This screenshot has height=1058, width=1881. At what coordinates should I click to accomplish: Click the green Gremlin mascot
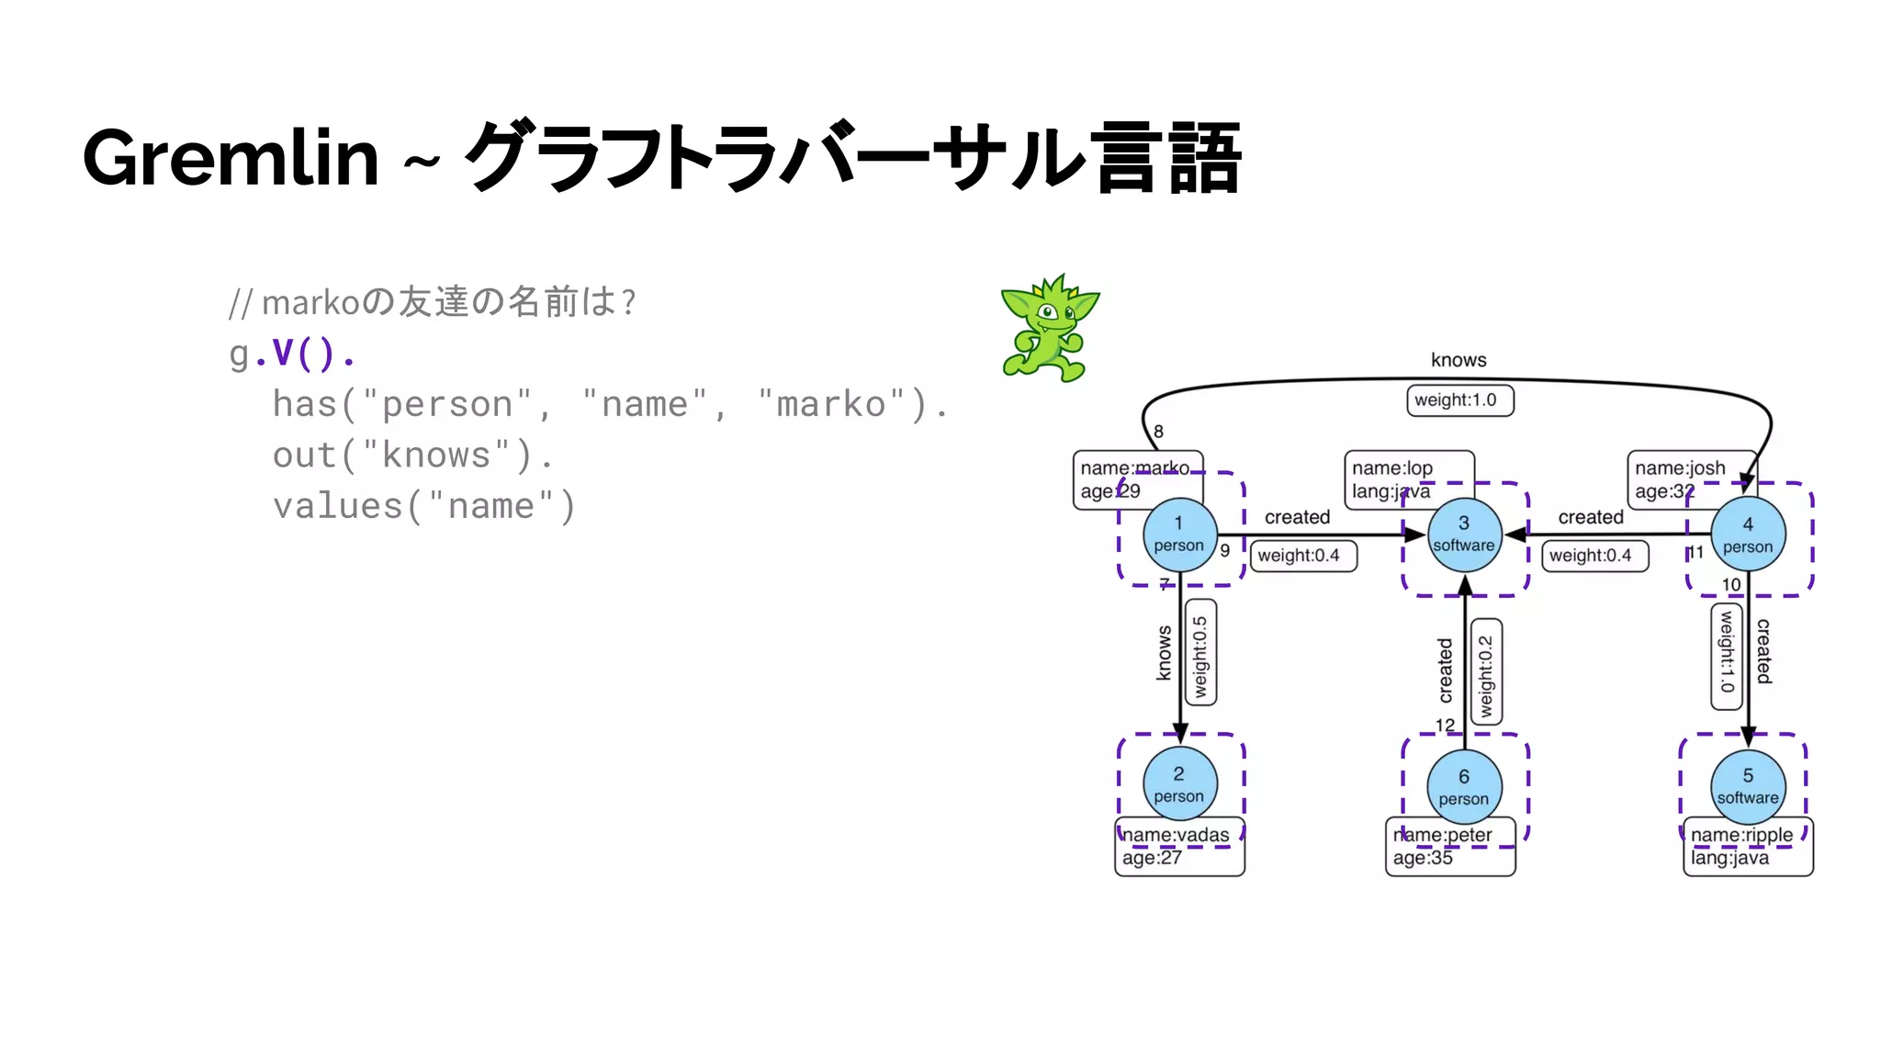coord(1048,329)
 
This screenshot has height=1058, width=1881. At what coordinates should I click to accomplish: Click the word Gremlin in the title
coord(231,158)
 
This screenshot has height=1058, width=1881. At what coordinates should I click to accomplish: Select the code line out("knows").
coord(412,456)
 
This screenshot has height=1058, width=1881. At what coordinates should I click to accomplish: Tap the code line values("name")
coord(423,506)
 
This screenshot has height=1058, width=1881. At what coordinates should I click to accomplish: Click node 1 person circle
coord(1179,535)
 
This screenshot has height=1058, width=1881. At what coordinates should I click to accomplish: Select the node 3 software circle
coord(1464,535)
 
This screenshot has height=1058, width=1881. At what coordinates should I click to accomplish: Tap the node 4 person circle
coord(1748,535)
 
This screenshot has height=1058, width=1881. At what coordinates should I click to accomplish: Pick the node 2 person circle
coord(1179,784)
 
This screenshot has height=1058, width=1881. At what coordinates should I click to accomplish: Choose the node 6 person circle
coord(1464,786)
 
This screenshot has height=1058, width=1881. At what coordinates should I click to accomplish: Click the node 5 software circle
coord(1748,786)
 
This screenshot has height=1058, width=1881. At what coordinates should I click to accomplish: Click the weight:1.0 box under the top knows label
coord(1459,400)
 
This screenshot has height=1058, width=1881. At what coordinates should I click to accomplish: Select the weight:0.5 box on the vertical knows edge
coord(1200,653)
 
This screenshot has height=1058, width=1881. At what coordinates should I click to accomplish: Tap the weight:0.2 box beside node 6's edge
coord(1486,672)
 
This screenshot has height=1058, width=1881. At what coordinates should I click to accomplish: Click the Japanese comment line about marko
coord(432,301)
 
